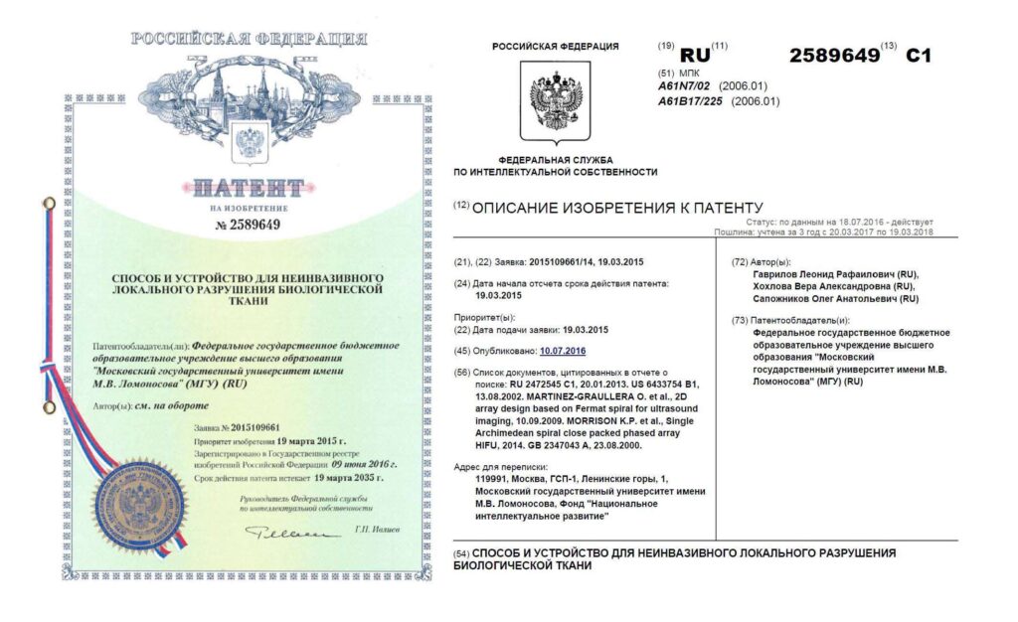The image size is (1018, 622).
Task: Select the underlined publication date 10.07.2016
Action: pyautogui.click(x=563, y=351)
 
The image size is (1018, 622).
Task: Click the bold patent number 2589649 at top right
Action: pyautogui.click(x=834, y=56)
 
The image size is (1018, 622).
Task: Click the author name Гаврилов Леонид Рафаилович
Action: pyautogui.click(x=837, y=274)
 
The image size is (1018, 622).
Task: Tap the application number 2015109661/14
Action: pyautogui.click(x=567, y=261)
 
